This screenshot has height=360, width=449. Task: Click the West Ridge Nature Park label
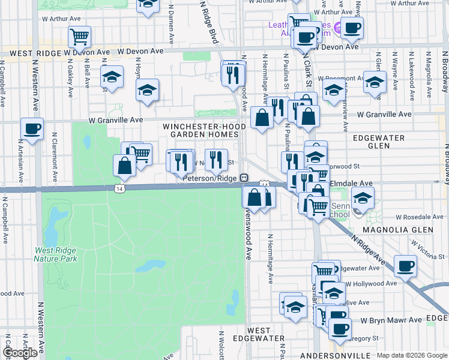pyautogui.click(x=56, y=254)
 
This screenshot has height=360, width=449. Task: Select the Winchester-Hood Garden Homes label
pyautogui.click(x=201, y=131)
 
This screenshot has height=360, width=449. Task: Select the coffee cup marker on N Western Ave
pyautogui.click(x=32, y=128)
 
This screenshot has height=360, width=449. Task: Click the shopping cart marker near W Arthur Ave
pyautogui.click(x=79, y=37)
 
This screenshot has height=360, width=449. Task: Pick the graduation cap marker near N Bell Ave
pyautogui.click(x=112, y=76)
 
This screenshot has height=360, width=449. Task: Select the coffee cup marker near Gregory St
pyautogui.click(x=340, y=328)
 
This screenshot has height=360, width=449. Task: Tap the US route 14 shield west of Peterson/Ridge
pyautogui.click(x=120, y=188)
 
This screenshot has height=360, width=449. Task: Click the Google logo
pyautogui.click(x=20, y=353)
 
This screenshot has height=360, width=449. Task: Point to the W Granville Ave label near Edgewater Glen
pyautogui.click(x=384, y=114)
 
